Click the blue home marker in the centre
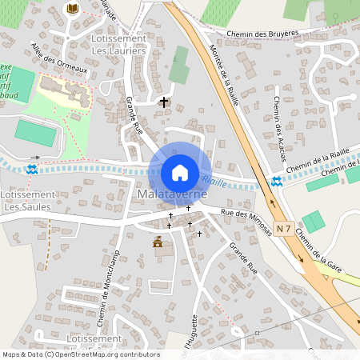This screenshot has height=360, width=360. pos(179,172)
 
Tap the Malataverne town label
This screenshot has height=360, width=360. pos(172,194)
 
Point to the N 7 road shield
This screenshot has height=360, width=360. pos(283,228)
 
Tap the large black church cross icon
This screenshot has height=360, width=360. pos(165,102)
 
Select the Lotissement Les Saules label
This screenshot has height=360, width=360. pos(26,201)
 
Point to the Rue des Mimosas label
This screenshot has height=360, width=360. pos(246,220)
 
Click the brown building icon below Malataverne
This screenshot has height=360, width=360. pos(158,242)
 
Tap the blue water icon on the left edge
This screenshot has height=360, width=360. pos(31,170)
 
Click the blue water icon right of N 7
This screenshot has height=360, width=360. pos(276,182)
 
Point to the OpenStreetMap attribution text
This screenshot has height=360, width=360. pos(81,354)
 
